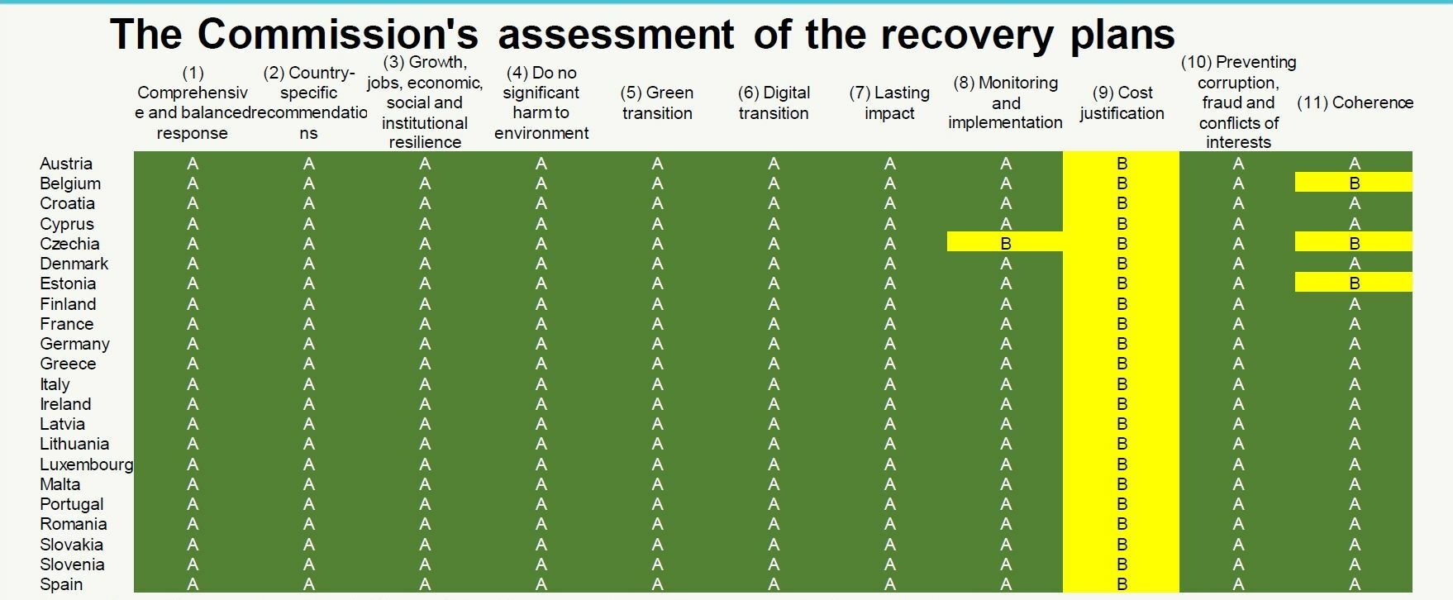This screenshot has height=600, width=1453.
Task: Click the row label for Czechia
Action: [69, 244]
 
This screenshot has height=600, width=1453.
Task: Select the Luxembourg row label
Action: [86, 464]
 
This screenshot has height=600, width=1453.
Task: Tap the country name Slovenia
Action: [72, 564]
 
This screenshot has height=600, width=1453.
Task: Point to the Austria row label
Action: [66, 164]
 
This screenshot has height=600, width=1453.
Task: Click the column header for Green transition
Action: [657, 102]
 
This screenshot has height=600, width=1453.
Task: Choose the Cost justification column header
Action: [1122, 102]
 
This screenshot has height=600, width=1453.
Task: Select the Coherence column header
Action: [1355, 102]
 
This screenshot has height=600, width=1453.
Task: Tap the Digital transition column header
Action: [774, 102]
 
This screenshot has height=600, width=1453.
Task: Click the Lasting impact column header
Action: [889, 102]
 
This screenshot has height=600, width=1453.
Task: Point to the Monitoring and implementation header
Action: [1005, 102]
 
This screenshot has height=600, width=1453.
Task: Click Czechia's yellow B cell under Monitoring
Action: [1005, 242]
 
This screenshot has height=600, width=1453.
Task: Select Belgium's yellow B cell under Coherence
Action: [1354, 182]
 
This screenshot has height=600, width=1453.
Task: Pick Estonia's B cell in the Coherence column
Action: [1354, 282]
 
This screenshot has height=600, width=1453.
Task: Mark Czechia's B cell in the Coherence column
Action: [1354, 242]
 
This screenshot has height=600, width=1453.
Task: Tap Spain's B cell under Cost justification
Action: [1122, 584]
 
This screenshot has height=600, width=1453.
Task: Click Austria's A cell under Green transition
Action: [657, 164]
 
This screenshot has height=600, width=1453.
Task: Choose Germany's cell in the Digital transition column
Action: [774, 344]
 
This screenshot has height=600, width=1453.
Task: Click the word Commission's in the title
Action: [338, 34]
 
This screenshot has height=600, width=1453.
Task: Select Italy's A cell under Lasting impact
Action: [889, 384]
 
